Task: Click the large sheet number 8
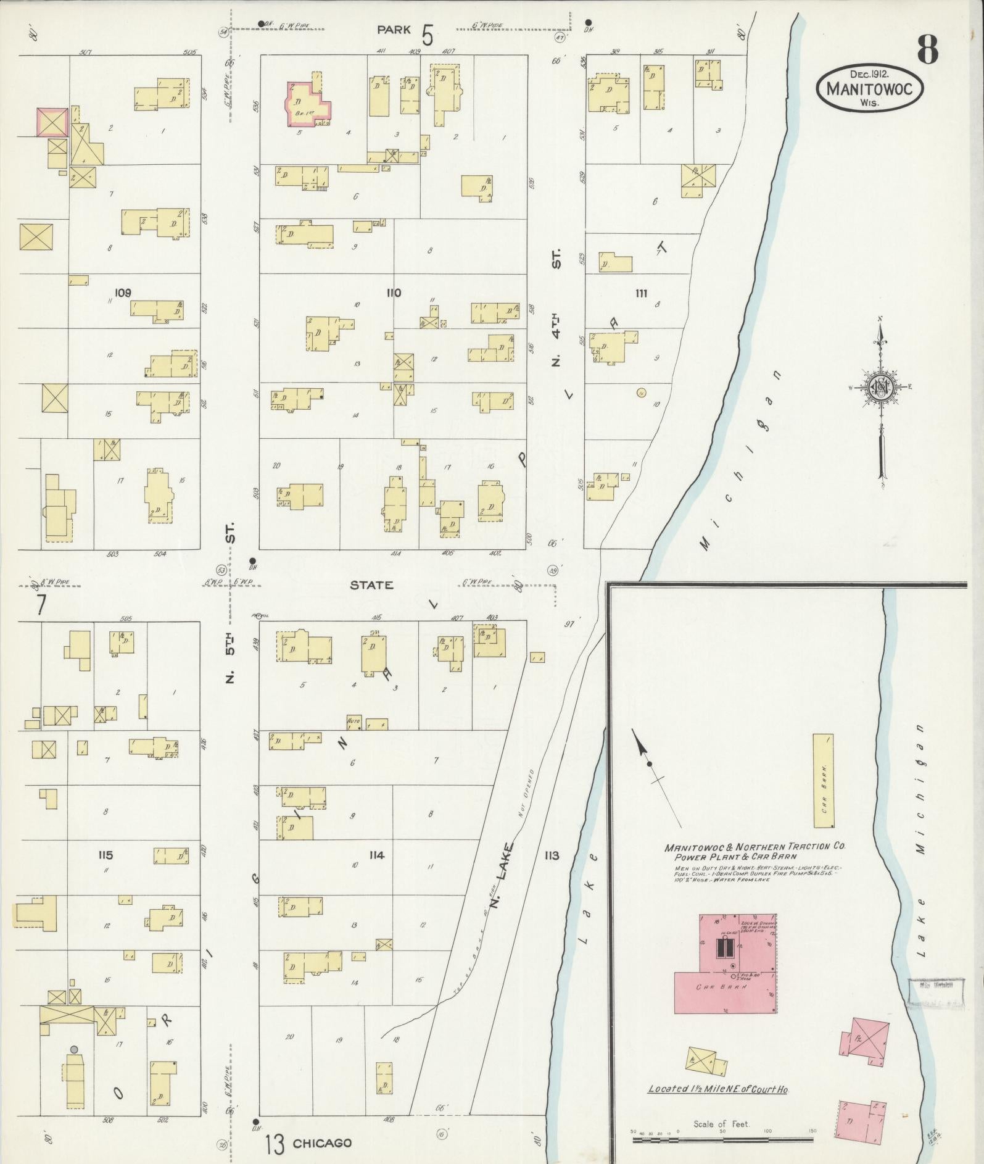927,50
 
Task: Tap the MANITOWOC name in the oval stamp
870,89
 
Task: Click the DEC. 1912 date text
870,73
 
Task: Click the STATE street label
371,584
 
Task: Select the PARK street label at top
394,29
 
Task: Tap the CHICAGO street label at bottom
322,1142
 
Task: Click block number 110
393,293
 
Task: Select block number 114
376,855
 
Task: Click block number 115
105,855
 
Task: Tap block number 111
641,293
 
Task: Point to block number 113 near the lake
551,855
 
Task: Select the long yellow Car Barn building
823,781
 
